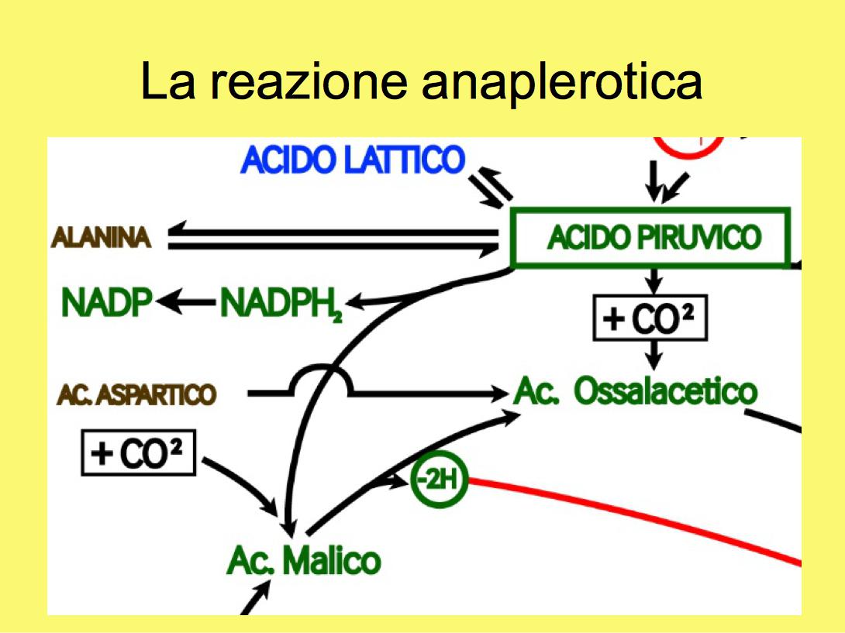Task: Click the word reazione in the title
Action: pyautogui.click(x=309, y=81)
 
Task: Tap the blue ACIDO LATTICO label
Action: pyautogui.click(x=353, y=160)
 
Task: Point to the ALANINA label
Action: pyautogui.click(x=101, y=238)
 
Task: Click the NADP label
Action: pyautogui.click(x=107, y=302)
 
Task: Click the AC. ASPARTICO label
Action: pyautogui.click(x=136, y=394)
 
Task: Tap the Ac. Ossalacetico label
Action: pyautogui.click(x=636, y=390)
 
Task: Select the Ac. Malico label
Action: pyautogui.click(x=304, y=560)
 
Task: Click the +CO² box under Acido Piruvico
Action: pyautogui.click(x=650, y=318)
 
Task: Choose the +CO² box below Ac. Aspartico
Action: pyautogui.click(x=139, y=452)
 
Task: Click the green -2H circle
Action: pyautogui.click(x=440, y=479)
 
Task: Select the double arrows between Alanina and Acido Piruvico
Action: pyautogui.click(x=333, y=239)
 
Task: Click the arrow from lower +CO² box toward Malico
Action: pyautogui.click(x=240, y=487)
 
